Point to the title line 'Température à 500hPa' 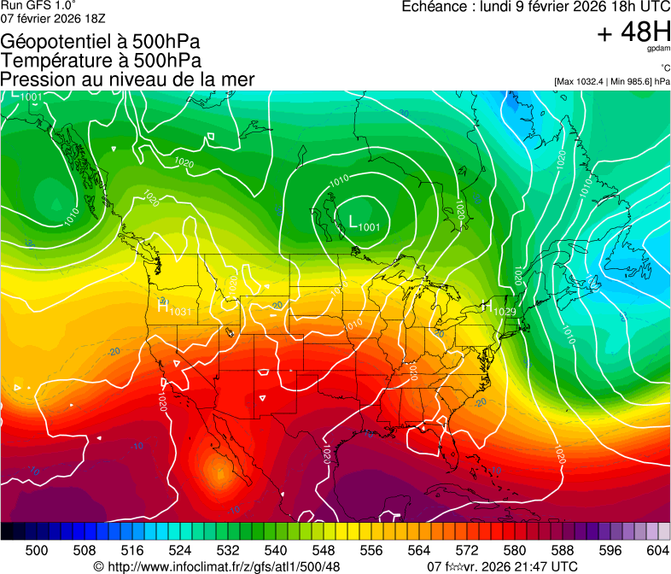[x=101, y=61]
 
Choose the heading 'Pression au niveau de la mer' [x=127, y=79]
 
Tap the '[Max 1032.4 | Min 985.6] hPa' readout [x=611, y=82]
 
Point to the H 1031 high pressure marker [x=174, y=309]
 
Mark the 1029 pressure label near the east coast [x=505, y=312]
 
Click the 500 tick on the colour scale [x=37, y=549]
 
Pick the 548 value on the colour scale [x=324, y=549]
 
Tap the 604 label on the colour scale [x=658, y=549]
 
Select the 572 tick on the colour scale [x=467, y=549]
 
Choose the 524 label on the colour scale [x=180, y=549]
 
